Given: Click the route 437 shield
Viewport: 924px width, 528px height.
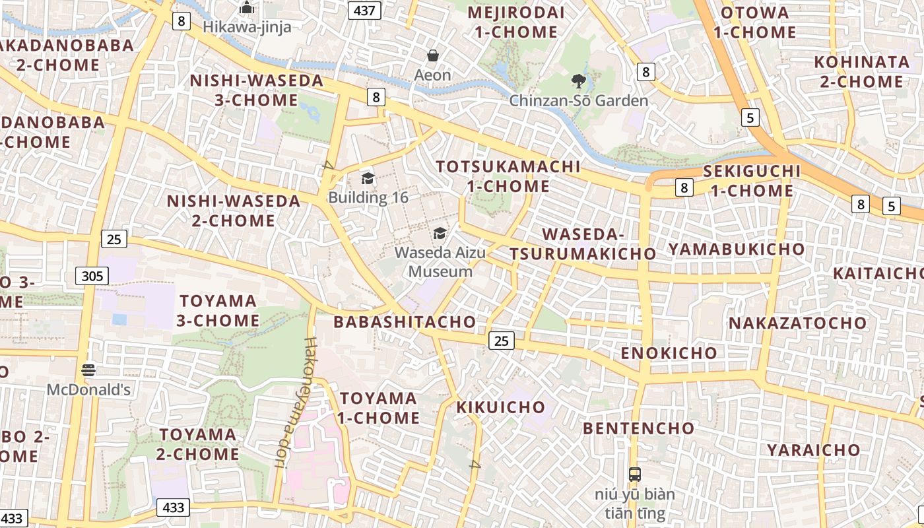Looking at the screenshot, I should tap(365, 10).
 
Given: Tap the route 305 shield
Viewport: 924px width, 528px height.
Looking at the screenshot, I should tap(92, 275).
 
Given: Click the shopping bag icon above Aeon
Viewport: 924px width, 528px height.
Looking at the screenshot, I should tap(433, 55).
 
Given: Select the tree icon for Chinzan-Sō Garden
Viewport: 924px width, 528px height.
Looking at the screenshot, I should tap(579, 81).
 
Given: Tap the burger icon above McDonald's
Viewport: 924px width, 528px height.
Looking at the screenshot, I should tap(88, 370).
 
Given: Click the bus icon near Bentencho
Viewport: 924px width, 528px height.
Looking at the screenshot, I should tap(634, 474).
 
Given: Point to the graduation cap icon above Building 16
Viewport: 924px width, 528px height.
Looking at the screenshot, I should tap(368, 178).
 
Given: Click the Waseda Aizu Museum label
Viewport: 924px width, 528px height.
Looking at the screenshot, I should tap(440, 261).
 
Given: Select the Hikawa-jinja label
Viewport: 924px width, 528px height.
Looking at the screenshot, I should tap(247, 27).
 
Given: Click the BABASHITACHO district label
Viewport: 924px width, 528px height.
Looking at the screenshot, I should tap(404, 322).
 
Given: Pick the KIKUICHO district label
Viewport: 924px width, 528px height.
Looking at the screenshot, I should tap(501, 407).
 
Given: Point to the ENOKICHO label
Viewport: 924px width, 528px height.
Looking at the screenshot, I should tap(669, 352).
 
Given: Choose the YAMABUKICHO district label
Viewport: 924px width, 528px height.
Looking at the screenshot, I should tap(736, 249).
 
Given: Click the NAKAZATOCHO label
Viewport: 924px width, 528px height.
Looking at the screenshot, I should tap(797, 323).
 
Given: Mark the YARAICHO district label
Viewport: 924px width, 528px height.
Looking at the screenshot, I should tap(813, 450).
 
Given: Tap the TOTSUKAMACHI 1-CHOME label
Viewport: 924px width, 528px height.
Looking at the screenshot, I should tap(508, 176).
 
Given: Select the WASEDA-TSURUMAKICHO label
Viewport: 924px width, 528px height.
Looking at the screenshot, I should tap(583, 244).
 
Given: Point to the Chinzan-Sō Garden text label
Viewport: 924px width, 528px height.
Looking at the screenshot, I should tap(579, 101).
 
